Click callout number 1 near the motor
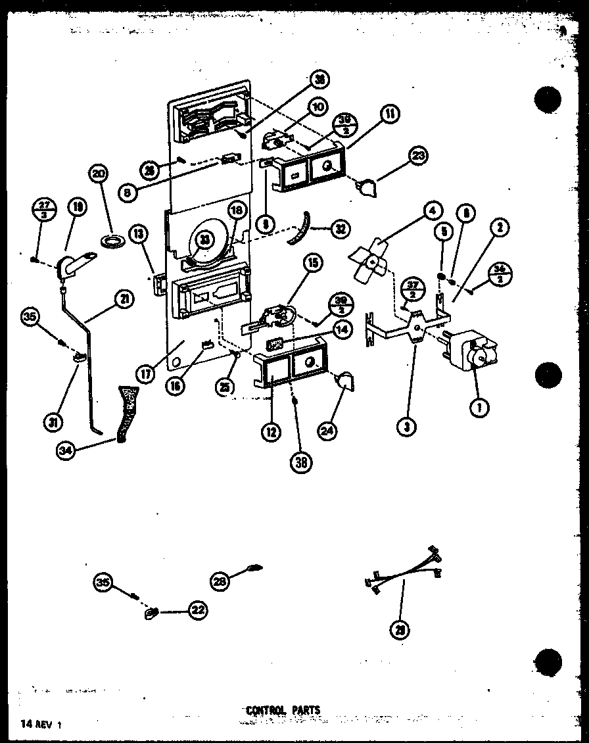pyautogui.click(x=479, y=408)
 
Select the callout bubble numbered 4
pyautogui.click(x=431, y=212)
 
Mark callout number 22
pyautogui.click(x=197, y=610)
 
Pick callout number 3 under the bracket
pyautogui.click(x=408, y=427)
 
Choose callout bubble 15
pyautogui.click(x=310, y=264)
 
